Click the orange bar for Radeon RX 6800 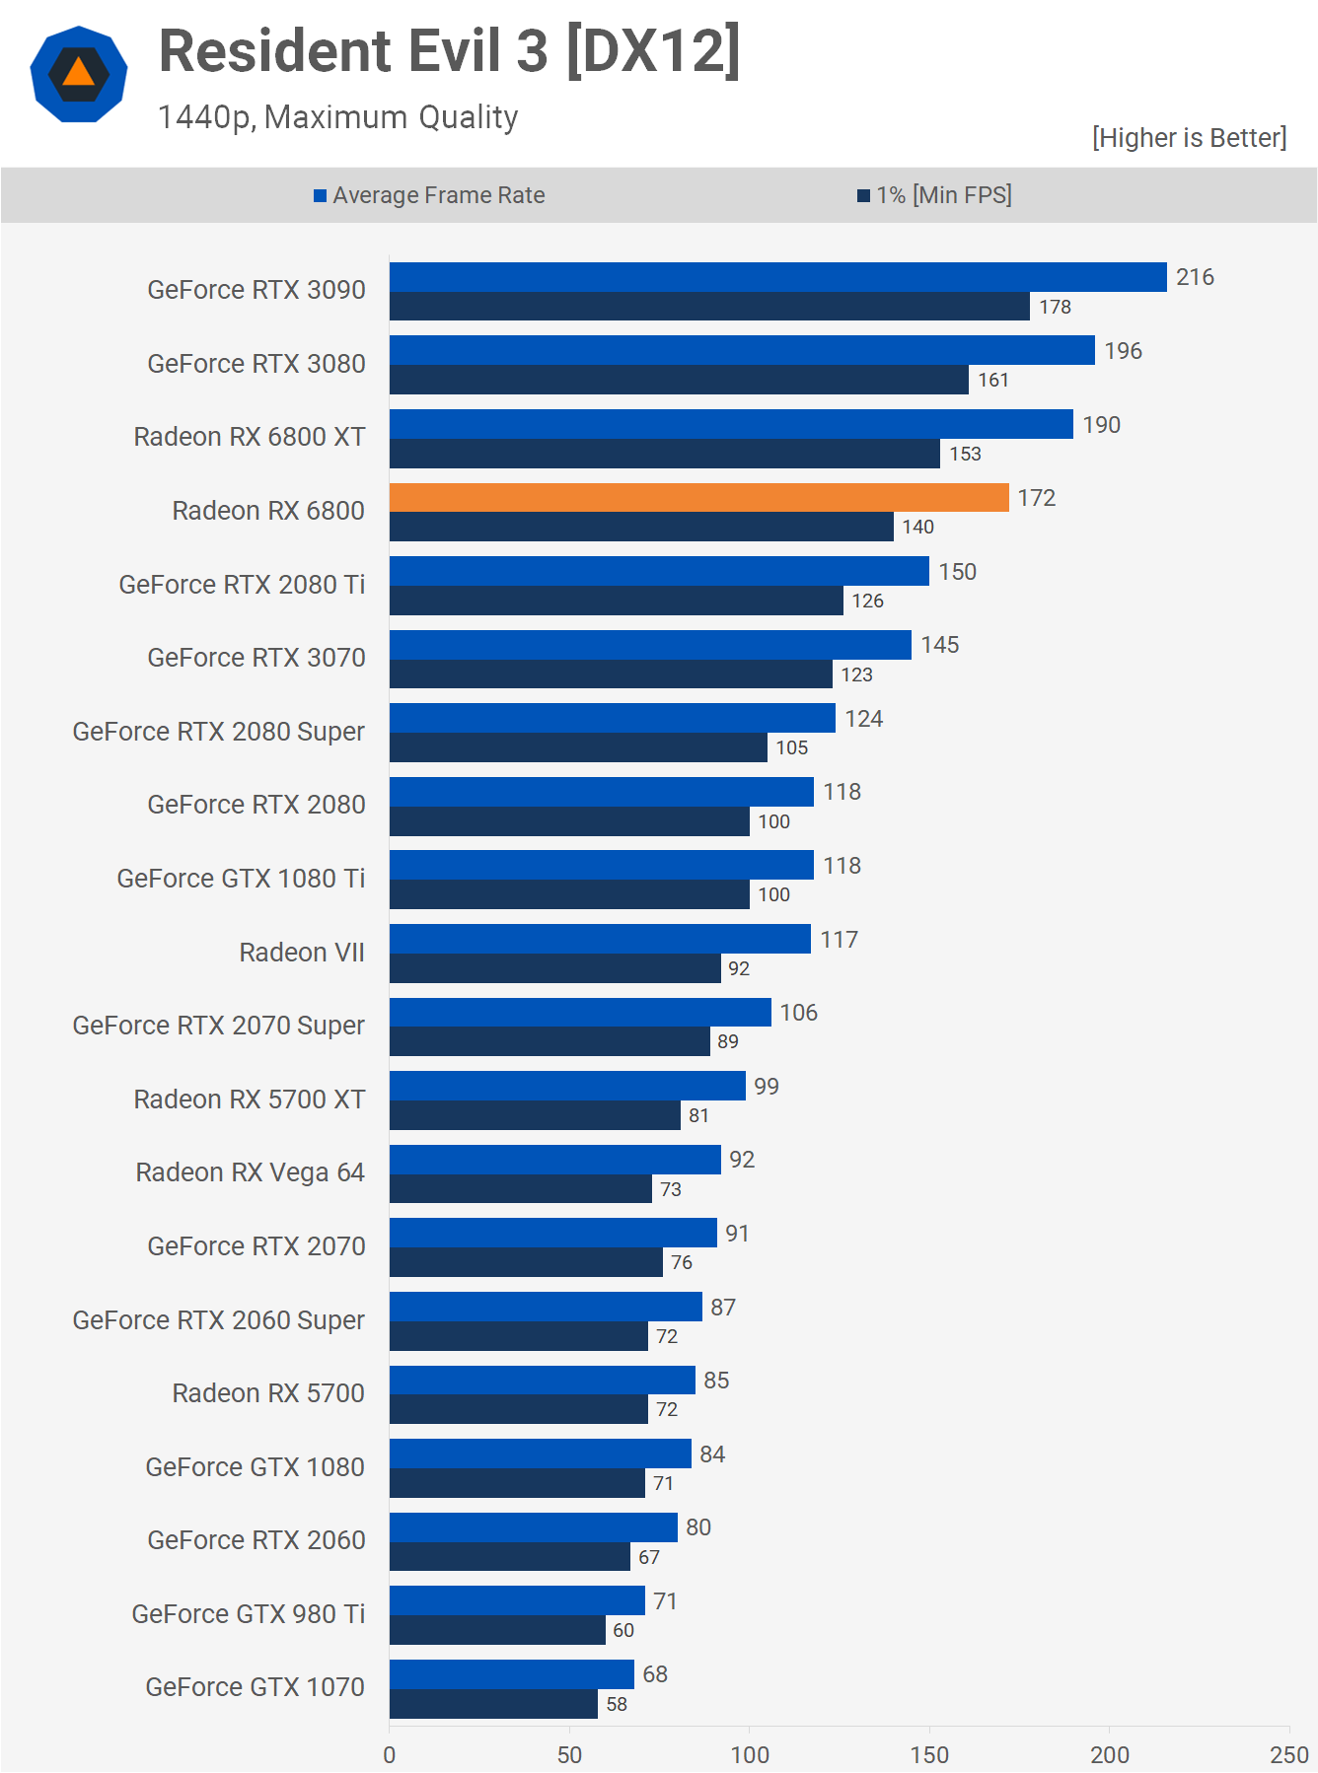pyautogui.click(x=698, y=498)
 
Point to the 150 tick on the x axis pyautogui.click(x=929, y=1754)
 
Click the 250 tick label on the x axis pyautogui.click(x=1288, y=1754)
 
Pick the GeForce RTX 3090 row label pyautogui.click(x=256, y=290)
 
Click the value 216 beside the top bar pyautogui.click(x=1195, y=277)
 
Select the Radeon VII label pyautogui.click(x=302, y=953)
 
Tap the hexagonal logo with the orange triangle pyautogui.click(x=79, y=74)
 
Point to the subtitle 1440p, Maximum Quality pyautogui.click(x=337, y=117)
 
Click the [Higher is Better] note pyautogui.click(x=1189, y=138)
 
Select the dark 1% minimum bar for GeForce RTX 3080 pyautogui.click(x=679, y=380)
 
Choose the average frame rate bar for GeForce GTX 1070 pyautogui.click(x=511, y=1674)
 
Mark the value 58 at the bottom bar pyautogui.click(x=617, y=1704)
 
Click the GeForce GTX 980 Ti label pyautogui.click(x=249, y=1614)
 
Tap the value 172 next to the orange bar pyautogui.click(x=1037, y=498)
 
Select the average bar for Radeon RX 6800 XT pyautogui.click(x=731, y=424)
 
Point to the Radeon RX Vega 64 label pyautogui.click(x=251, y=1172)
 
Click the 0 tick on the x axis pyautogui.click(x=390, y=1754)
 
